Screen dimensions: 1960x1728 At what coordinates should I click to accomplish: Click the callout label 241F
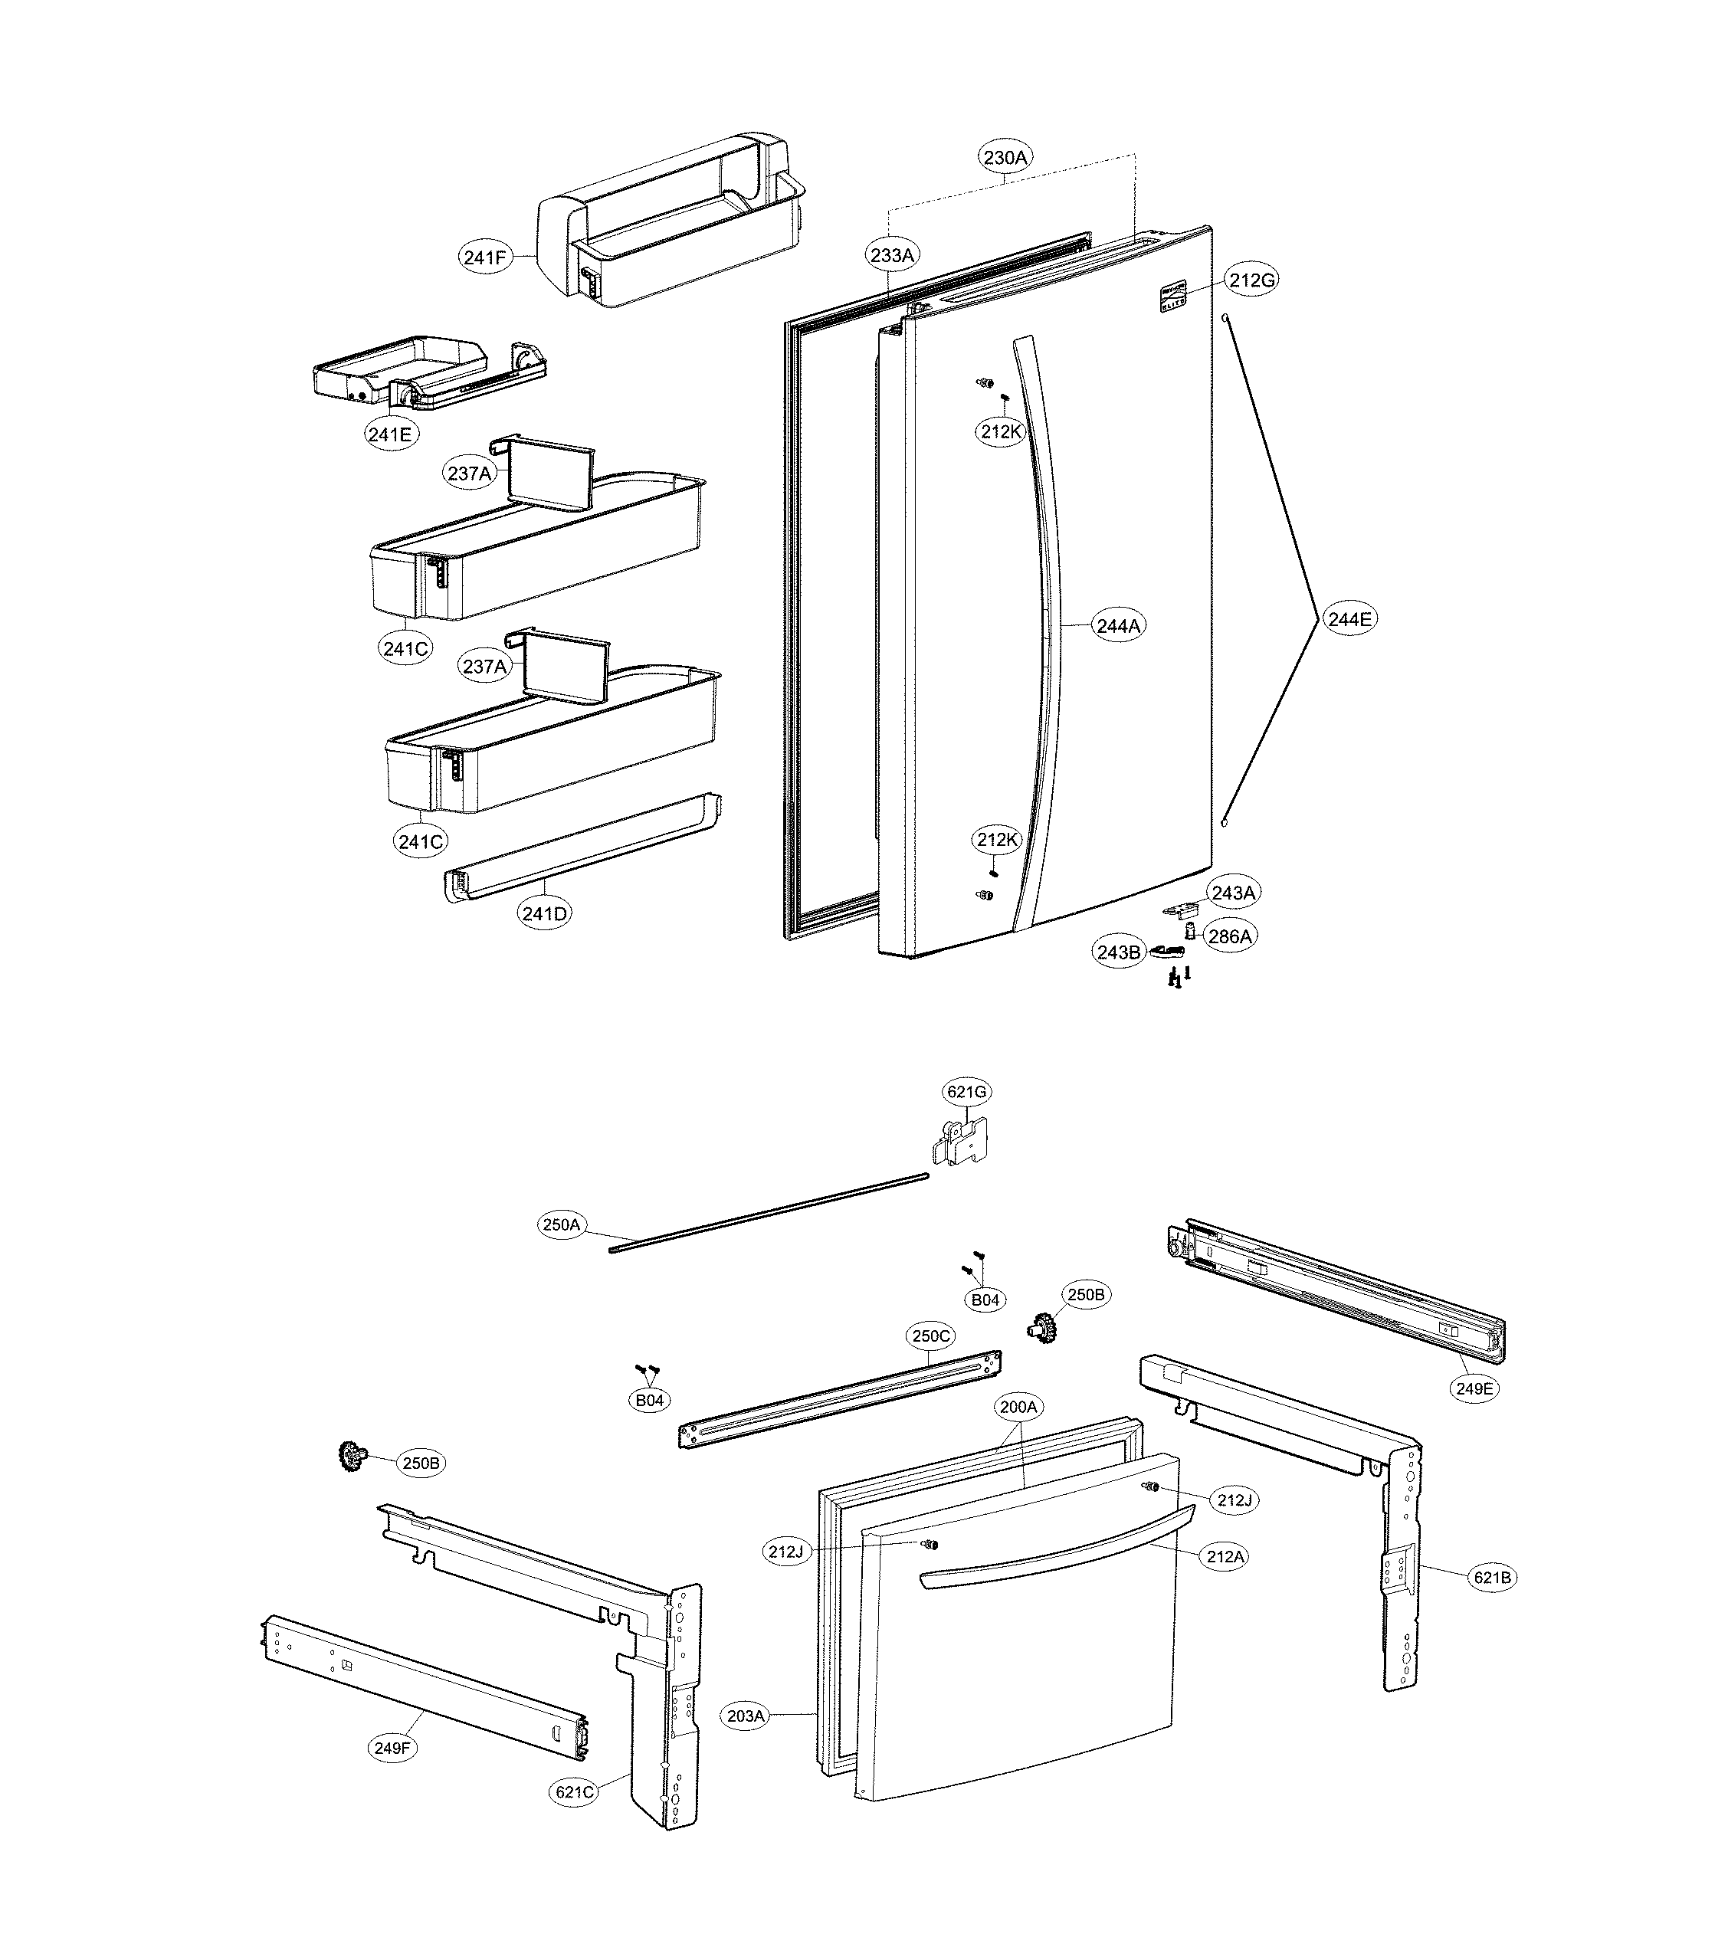pyautogui.click(x=484, y=257)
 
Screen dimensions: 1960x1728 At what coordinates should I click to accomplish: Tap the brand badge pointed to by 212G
pyautogui.click(x=1172, y=295)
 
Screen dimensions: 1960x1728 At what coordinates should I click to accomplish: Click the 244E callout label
pyautogui.click(x=1350, y=619)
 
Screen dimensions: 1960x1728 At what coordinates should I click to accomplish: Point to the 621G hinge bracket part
pyautogui.click(x=962, y=1142)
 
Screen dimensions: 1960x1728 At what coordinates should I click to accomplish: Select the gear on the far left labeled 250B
pyautogui.click(x=353, y=1456)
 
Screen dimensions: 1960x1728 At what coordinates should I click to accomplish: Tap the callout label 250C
pyautogui.click(x=931, y=1336)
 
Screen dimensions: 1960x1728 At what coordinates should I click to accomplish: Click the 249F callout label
pyautogui.click(x=392, y=1748)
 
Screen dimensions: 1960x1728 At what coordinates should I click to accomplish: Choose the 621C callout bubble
pyautogui.click(x=575, y=1792)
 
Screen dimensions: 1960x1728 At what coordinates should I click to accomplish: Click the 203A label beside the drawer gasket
pyautogui.click(x=746, y=1716)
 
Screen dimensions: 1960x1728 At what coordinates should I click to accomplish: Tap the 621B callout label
pyautogui.click(x=1492, y=1576)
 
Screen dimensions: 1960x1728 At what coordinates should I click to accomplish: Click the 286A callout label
pyautogui.click(x=1229, y=936)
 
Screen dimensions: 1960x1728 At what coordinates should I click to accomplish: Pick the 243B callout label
pyautogui.click(x=1119, y=952)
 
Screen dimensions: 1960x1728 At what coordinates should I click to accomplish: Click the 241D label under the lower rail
pyautogui.click(x=545, y=913)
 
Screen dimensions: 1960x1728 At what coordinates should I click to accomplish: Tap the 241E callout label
pyautogui.click(x=390, y=434)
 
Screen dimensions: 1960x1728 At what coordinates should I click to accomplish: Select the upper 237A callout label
pyautogui.click(x=470, y=473)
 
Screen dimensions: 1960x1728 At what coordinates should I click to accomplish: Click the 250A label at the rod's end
pyautogui.click(x=562, y=1224)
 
